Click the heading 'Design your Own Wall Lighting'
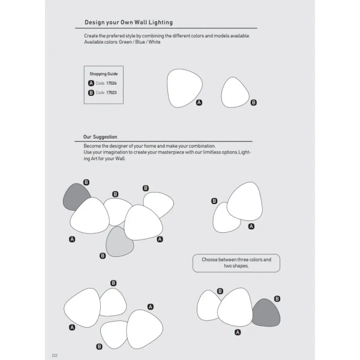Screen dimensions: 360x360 [128, 22]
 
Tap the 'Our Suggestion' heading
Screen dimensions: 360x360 [100, 137]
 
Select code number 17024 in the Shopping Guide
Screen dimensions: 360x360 [112, 83]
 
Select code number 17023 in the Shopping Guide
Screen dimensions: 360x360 [112, 93]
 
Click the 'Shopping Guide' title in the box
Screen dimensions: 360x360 [104, 73]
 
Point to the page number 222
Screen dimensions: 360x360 [55, 355]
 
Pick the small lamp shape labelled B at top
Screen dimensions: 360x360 [235, 92]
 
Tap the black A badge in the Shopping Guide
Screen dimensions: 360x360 [91, 83]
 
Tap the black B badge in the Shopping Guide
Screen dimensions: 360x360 [91, 93]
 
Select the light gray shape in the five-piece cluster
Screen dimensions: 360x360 [121, 241]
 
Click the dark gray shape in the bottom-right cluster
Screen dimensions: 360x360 [266, 313]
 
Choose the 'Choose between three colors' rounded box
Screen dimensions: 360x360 [236, 263]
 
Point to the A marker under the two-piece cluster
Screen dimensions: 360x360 [251, 226]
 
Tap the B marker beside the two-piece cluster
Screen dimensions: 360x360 [214, 202]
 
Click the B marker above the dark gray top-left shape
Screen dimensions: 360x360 [86, 182]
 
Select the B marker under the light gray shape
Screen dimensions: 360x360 [103, 256]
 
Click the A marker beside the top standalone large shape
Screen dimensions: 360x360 [200, 103]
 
